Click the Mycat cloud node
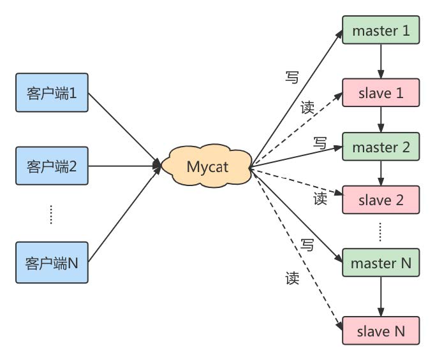[207, 168]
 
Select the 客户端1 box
[52, 94]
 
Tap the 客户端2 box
[52, 168]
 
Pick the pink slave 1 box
[381, 93]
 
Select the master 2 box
[381, 147]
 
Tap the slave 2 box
[381, 200]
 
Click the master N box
[381, 263]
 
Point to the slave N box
[381, 331]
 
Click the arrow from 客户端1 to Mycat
[124, 131]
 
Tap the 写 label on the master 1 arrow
[292, 77]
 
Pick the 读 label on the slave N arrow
[292, 278]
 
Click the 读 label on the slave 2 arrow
[320, 198]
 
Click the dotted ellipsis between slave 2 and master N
[381, 232]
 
